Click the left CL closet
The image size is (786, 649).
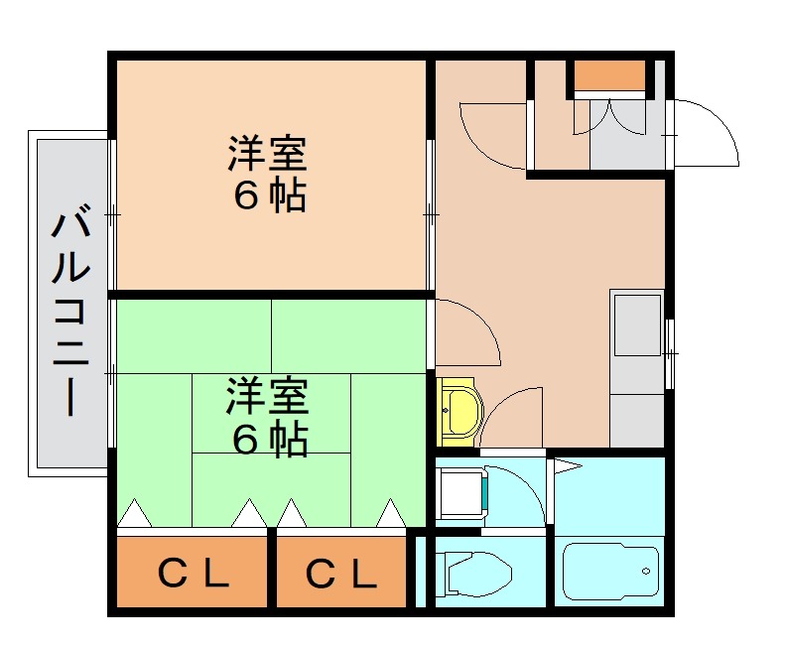(193, 573)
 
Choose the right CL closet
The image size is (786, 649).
(341, 573)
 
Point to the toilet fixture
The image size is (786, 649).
(477, 574)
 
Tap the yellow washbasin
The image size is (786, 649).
(458, 411)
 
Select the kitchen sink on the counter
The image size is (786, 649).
(636, 324)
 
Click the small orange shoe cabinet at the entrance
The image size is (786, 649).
(609, 75)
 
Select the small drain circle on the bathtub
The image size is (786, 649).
(646, 572)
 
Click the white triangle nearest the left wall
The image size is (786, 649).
(135, 515)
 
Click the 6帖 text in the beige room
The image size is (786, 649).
(268, 196)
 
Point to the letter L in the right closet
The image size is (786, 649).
(364, 573)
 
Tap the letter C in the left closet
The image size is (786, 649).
(172, 573)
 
